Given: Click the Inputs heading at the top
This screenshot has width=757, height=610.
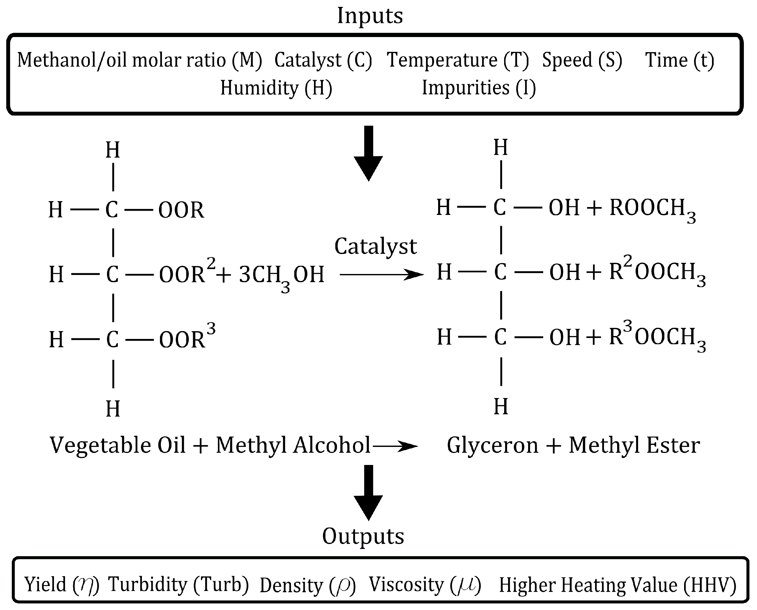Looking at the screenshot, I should pyautogui.click(x=370, y=16).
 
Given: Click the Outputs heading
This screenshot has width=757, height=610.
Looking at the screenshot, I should pyautogui.click(x=363, y=536).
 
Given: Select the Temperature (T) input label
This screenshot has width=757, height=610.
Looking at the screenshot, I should pyautogui.click(x=458, y=60).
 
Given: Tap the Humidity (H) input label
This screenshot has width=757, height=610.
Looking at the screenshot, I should pyautogui.click(x=276, y=88).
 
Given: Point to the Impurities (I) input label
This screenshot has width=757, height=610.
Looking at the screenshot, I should pyautogui.click(x=479, y=88).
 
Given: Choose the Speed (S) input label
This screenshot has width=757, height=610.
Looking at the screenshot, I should pyautogui.click(x=582, y=60).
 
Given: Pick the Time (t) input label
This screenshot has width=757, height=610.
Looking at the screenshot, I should pyautogui.click(x=679, y=60).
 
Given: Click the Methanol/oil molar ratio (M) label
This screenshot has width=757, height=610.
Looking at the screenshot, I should pyautogui.click(x=140, y=60).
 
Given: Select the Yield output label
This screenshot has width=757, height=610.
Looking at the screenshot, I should pyautogui.click(x=61, y=585).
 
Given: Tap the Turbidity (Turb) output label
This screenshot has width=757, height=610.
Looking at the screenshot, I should pyautogui.click(x=178, y=585).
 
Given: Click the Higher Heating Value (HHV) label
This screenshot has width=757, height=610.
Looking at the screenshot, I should pyautogui.click(x=617, y=585).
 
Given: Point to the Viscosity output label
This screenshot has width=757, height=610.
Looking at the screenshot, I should pyautogui.click(x=424, y=585).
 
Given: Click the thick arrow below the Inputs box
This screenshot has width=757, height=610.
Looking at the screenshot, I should pyautogui.click(x=368, y=153).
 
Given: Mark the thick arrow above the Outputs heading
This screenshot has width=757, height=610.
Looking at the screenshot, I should pyautogui.click(x=368, y=492).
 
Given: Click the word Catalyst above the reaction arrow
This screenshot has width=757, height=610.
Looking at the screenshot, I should pyautogui.click(x=375, y=246).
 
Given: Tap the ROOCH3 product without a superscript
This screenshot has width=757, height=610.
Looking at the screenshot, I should pyautogui.click(x=652, y=209).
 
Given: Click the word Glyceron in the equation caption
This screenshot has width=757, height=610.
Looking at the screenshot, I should pyautogui.click(x=492, y=446).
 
